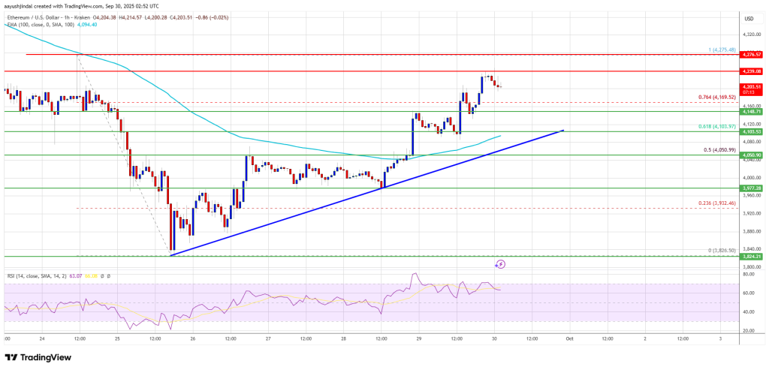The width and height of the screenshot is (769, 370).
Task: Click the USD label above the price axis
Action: [x=748, y=19]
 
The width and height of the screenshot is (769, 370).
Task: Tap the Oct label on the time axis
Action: [x=571, y=338]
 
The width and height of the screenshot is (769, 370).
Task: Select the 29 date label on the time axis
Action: [x=419, y=338]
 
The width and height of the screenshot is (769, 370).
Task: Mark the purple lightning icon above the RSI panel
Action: [x=501, y=264]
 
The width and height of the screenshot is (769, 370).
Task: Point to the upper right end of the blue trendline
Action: [x=563, y=130]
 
